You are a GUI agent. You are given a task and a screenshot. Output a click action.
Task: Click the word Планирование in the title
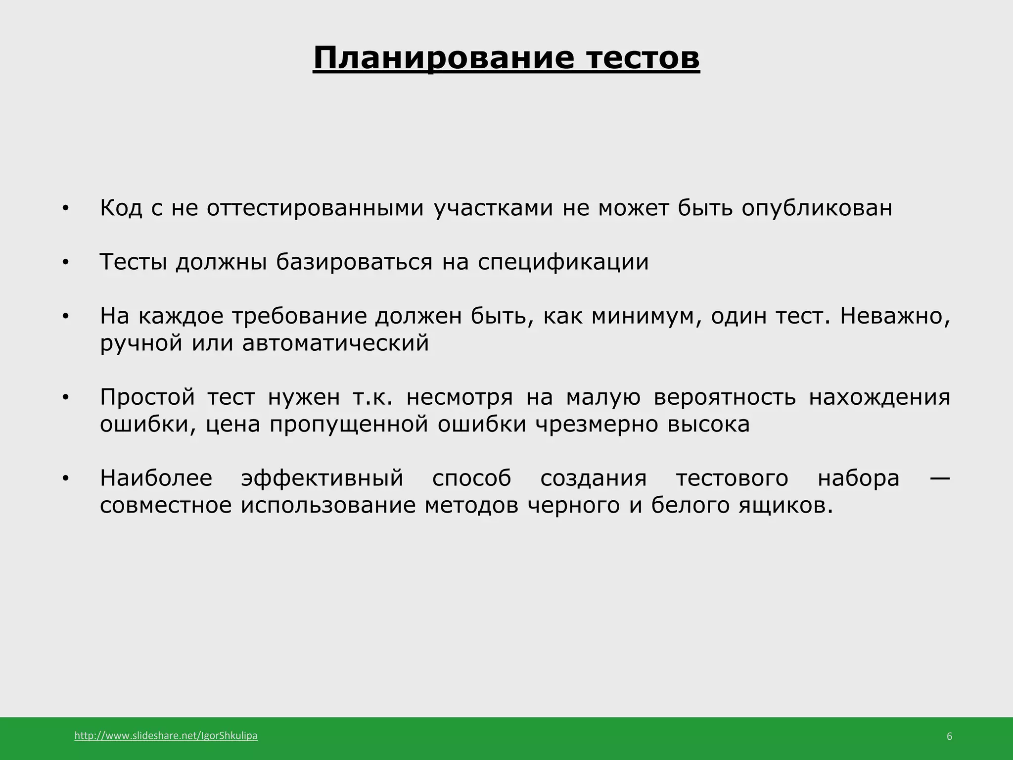coord(444,58)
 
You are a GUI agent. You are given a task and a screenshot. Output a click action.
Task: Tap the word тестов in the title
coord(643,58)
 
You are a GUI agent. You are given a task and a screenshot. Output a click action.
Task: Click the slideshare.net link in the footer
coord(166,736)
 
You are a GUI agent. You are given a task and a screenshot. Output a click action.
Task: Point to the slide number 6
coord(949,737)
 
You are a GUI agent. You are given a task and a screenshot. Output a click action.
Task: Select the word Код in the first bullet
coord(121,208)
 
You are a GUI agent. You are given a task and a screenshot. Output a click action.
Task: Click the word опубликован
coord(817,208)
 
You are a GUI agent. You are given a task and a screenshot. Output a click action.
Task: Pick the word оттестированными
coord(315,208)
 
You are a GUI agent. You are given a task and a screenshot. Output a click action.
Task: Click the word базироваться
coord(354,262)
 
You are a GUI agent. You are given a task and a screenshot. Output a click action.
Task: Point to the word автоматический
coord(335,343)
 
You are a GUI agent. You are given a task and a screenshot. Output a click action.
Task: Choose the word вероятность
coord(725,397)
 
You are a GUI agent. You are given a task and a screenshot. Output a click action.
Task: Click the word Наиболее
coord(156,478)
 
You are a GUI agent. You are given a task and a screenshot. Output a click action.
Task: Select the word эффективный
coord(322,478)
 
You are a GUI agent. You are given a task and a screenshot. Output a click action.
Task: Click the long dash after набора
coord(936,478)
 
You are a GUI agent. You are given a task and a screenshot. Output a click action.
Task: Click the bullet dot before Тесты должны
coord(65,263)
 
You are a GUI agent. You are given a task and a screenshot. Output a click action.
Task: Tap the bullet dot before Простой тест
coord(65,398)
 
